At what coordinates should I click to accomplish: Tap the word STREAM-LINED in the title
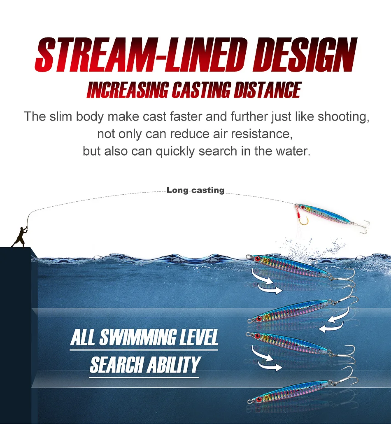coord(136,55)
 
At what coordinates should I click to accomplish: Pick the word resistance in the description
coord(264,134)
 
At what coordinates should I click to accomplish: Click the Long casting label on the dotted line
coord(195,190)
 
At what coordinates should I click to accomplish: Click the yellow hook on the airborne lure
coord(303,221)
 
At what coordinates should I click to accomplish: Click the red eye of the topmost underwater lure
coord(258,259)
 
